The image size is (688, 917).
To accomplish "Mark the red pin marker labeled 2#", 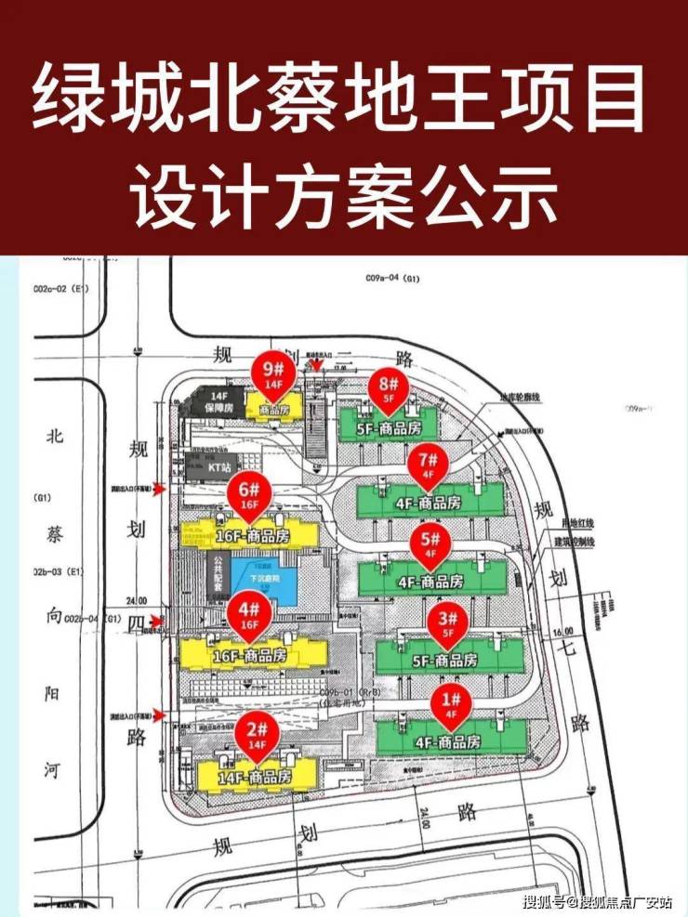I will click(x=257, y=735).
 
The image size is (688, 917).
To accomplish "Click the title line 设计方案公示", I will click(x=344, y=195).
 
